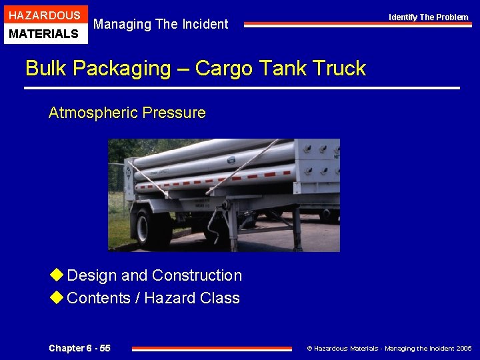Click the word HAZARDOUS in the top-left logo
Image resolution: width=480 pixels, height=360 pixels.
45,15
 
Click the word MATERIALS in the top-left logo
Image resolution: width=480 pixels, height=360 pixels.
45,33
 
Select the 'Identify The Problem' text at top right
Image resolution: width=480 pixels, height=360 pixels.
429,17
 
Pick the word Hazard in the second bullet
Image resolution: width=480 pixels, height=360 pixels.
167,298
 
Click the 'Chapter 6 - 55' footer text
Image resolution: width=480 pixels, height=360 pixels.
79,348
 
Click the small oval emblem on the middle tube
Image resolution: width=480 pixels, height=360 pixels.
231,160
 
